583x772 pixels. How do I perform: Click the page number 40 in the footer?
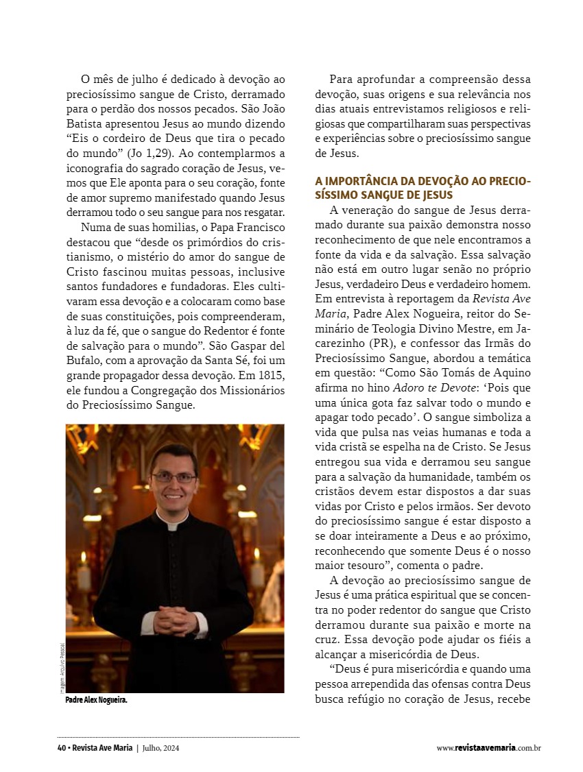click(x=61, y=748)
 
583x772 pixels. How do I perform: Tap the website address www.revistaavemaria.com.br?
click(x=488, y=748)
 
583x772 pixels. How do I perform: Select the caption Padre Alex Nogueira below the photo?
click(x=96, y=700)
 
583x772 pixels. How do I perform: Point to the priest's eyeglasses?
click(x=174, y=477)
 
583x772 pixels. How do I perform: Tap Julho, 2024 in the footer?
click(x=161, y=748)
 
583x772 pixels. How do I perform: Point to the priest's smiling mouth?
click(x=174, y=494)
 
